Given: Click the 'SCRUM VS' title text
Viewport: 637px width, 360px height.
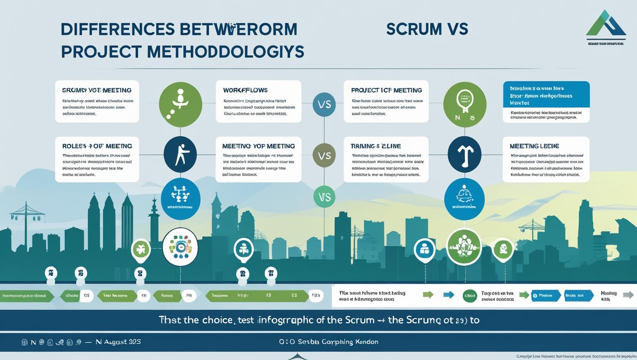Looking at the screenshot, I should click(427, 29).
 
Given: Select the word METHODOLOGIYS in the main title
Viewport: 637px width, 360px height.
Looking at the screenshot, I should click(225, 51).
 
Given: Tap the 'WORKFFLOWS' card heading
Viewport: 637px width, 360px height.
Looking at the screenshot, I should click(245, 90).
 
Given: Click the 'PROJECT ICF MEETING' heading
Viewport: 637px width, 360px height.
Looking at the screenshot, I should click(386, 90).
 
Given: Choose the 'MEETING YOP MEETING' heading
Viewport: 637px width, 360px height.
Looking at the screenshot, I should click(258, 146).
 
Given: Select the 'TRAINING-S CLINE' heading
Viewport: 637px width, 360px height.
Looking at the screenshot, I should click(376, 146).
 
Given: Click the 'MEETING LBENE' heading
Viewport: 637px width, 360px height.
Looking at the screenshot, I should click(534, 146).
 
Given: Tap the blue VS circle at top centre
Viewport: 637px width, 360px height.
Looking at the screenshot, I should click(324, 104).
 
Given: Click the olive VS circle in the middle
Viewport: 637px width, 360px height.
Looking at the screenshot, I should click(324, 155).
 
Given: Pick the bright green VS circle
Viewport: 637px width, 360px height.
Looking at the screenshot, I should click(325, 197).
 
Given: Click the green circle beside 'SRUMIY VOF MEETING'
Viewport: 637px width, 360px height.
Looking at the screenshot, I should click(180, 105).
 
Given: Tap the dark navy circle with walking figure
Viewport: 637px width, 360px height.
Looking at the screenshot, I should click(180, 154).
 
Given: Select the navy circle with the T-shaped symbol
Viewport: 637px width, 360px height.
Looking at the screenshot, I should click(464, 154).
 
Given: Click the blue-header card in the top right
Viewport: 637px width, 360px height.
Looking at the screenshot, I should click(546, 94).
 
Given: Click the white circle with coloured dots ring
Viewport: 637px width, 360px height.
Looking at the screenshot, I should click(180, 247).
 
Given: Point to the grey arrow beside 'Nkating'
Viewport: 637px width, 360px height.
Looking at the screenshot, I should click(628, 295).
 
